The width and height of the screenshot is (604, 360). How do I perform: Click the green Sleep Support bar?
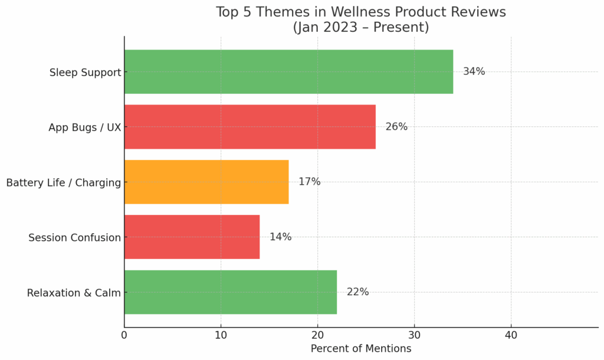pyautogui.click(x=288, y=71)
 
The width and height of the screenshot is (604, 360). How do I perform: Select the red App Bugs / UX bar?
pyautogui.click(x=250, y=127)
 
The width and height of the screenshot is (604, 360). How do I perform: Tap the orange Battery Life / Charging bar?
pyautogui.click(x=206, y=182)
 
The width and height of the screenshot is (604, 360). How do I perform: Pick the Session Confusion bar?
pyautogui.click(x=192, y=237)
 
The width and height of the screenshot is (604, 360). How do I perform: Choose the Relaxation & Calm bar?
pyautogui.click(x=230, y=292)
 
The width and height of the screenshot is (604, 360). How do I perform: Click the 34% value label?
pyautogui.click(x=474, y=71)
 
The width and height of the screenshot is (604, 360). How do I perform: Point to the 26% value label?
pyautogui.click(x=396, y=127)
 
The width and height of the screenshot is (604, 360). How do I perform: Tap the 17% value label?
pyautogui.click(x=309, y=182)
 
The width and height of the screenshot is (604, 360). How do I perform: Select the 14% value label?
pyautogui.click(x=280, y=237)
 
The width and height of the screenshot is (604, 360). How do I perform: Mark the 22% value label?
pyautogui.click(x=357, y=292)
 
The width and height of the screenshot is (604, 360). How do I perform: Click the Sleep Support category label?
pyautogui.click(x=85, y=73)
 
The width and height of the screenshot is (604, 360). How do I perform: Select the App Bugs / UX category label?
pyautogui.click(x=84, y=127)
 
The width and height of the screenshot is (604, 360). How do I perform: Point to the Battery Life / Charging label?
pyautogui.click(x=63, y=183)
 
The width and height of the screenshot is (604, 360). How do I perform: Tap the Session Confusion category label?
pyautogui.click(x=74, y=238)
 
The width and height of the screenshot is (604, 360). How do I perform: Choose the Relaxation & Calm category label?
pyautogui.click(x=74, y=293)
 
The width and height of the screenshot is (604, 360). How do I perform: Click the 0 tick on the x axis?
pyautogui.click(x=124, y=335)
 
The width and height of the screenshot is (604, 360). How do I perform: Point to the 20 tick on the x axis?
pyautogui.click(x=317, y=335)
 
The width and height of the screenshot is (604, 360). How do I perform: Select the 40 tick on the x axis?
pyautogui.click(x=511, y=335)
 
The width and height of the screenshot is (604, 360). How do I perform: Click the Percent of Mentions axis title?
pyautogui.click(x=361, y=349)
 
